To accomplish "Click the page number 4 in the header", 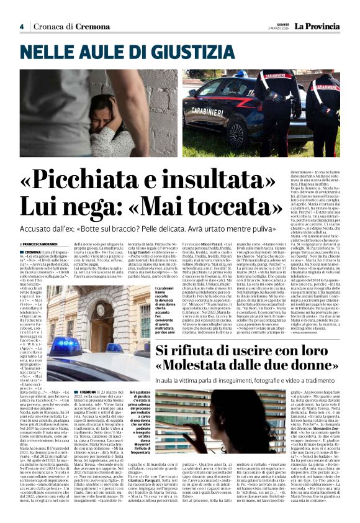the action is [x=21, y=26].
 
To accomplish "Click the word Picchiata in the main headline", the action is [x=97, y=180].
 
